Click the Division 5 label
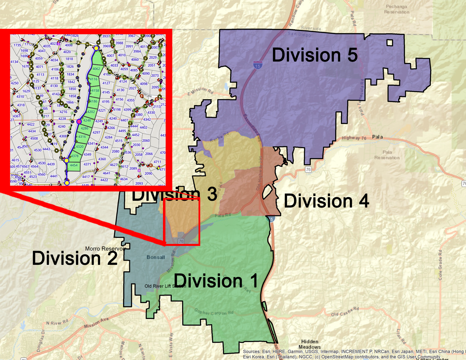(x=315, y=55)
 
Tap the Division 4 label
(x=326, y=201)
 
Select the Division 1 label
(x=216, y=281)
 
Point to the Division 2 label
(x=75, y=258)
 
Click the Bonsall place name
(x=156, y=257)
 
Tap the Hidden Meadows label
(x=310, y=344)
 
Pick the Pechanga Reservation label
(x=397, y=9)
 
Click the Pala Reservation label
(x=387, y=155)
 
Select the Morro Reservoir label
(x=105, y=249)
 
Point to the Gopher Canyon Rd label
(x=214, y=312)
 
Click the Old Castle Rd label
(x=345, y=312)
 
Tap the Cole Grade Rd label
(x=440, y=265)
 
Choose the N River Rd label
(x=57, y=322)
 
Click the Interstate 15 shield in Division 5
(x=257, y=66)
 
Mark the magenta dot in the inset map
(x=79, y=121)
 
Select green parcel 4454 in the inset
(x=74, y=165)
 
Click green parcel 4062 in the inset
(x=96, y=69)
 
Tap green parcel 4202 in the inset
(x=91, y=112)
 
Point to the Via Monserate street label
(x=144, y=90)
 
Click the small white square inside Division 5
(x=390, y=43)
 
